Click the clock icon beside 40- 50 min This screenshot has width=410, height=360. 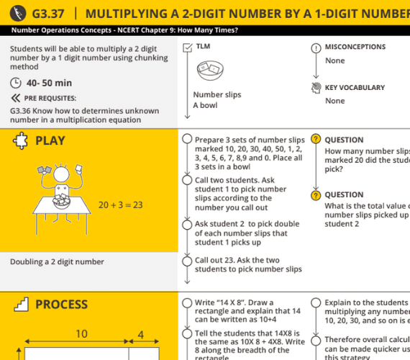(x=16, y=83)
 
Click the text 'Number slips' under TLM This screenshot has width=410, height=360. (x=217, y=94)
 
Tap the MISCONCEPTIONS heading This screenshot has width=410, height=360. (x=355, y=47)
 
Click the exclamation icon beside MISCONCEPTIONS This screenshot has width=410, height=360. (x=315, y=48)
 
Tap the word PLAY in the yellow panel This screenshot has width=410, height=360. (x=50, y=140)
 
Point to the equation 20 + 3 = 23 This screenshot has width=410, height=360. (x=120, y=205)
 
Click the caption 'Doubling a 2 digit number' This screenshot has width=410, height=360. (x=57, y=262)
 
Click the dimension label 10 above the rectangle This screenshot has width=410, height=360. (x=81, y=334)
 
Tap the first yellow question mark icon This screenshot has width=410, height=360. (x=315, y=140)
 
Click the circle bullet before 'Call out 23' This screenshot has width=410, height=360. (x=187, y=261)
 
